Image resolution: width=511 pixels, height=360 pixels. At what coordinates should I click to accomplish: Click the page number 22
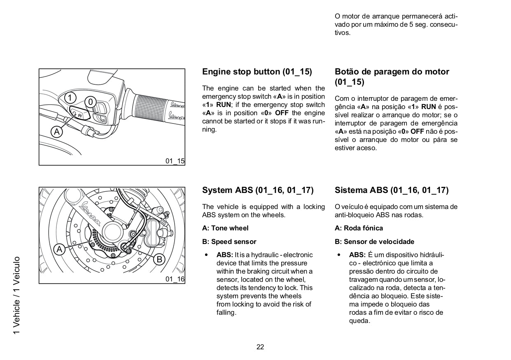(x=260, y=347)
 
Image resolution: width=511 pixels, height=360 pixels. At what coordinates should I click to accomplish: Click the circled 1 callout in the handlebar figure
(x=70, y=98)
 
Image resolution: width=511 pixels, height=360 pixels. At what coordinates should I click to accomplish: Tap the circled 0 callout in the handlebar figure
(x=91, y=101)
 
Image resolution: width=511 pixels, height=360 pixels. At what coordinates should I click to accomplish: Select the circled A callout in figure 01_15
(x=57, y=131)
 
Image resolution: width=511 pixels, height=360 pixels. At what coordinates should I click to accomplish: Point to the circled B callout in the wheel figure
(x=159, y=259)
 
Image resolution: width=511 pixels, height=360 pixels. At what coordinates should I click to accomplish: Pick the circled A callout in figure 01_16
(x=60, y=249)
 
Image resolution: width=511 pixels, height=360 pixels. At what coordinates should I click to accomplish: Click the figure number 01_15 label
(x=175, y=161)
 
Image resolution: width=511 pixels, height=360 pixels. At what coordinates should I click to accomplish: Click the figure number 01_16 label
(x=175, y=279)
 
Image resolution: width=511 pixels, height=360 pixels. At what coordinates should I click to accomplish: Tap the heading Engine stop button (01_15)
(x=257, y=72)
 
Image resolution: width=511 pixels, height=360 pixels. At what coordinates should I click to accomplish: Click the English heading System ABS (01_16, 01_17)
(x=258, y=190)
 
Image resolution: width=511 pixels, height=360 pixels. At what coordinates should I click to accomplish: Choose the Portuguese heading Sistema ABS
(x=392, y=190)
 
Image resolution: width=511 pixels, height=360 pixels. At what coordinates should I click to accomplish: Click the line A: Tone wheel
(x=225, y=228)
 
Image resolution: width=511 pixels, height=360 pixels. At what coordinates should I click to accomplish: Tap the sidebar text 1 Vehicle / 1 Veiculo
(x=16, y=295)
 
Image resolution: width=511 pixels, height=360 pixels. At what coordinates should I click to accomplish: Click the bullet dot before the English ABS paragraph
(x=206, y=255)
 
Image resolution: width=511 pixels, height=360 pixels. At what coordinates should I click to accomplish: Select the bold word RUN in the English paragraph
(x=224, y=105)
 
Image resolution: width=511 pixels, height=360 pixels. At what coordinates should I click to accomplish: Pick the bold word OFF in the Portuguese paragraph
(x=417, y=131)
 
